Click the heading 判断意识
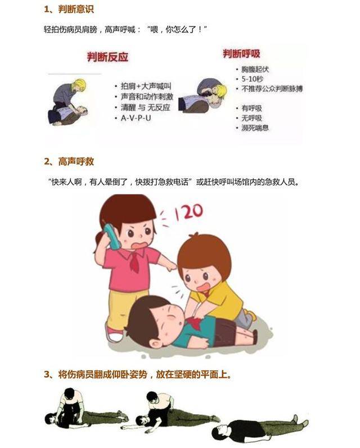76,9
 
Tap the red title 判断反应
108,57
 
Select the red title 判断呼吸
242,54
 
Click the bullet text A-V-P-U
136,117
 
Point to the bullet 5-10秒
253,79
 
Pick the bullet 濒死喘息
255,128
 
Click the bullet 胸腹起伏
255,70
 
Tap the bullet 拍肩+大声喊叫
146,87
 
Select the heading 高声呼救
76,162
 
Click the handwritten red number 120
189,212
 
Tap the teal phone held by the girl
112,237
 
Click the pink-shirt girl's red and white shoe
115,334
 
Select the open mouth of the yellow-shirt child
204,287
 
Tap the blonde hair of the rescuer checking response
79,85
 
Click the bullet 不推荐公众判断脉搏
272,89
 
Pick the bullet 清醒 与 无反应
146,107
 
